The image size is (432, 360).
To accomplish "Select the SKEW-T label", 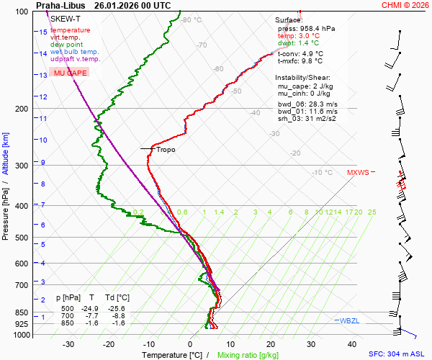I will point(66,18).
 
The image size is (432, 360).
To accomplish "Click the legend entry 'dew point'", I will point(67,45).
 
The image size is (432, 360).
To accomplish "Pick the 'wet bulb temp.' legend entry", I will point(75,52).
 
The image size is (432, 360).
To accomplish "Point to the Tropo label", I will point(166,150).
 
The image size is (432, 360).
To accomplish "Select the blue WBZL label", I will point(348,320).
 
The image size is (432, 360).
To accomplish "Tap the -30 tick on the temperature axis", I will point(69,344).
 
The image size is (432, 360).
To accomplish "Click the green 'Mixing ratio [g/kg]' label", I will point(248,355).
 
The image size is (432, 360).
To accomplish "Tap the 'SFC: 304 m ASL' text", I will point(399,354).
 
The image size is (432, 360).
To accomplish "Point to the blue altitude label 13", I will point(43,75).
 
